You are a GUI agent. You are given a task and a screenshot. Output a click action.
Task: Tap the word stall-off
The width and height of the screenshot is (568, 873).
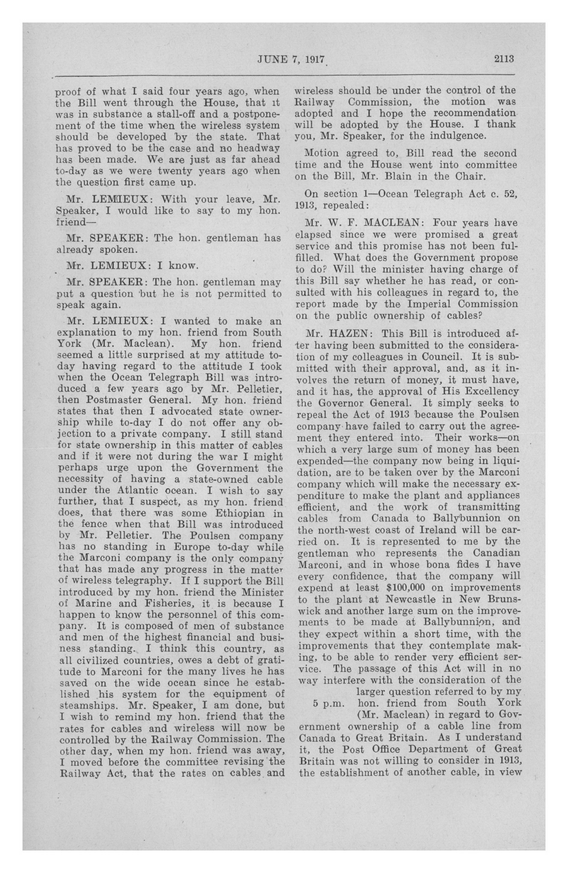167,114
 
